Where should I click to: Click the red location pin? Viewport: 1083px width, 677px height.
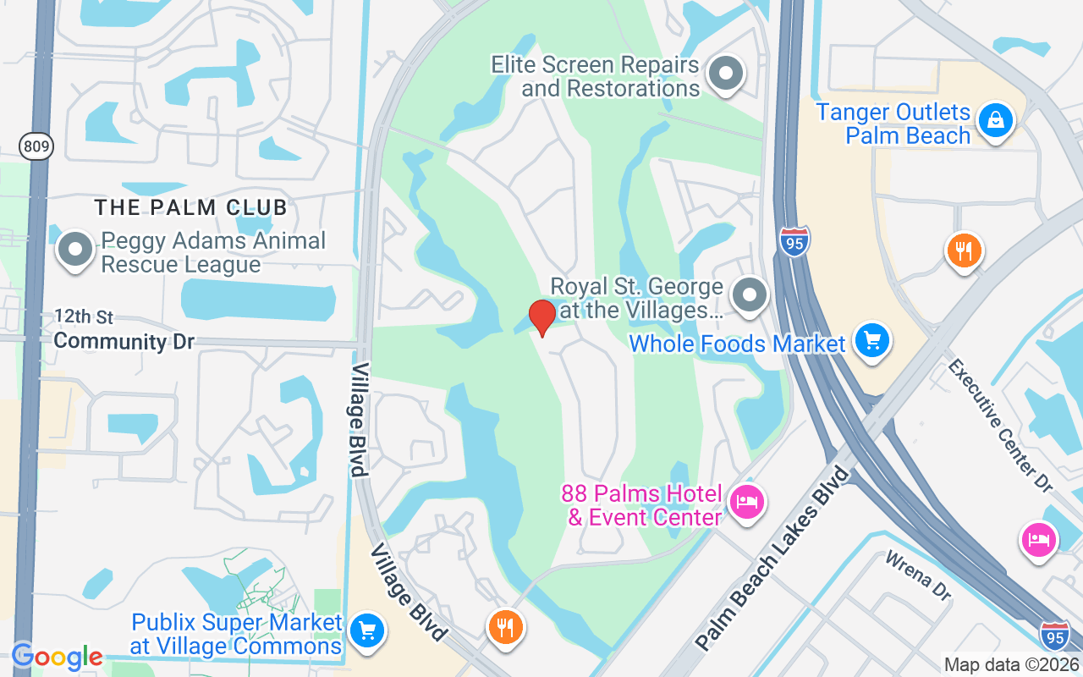coord(541,317)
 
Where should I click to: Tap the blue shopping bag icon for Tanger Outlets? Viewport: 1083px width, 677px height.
coord(996,120)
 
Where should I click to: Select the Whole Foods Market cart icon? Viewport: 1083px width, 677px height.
coord(871,341)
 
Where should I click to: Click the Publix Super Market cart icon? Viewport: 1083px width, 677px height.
coord(366,630)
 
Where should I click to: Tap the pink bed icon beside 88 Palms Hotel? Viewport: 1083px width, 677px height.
coord(746,503)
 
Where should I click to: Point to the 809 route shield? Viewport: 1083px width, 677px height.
coord(37,147)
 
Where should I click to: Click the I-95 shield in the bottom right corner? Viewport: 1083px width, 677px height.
coord(1054,636)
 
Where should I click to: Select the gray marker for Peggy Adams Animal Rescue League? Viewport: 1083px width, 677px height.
coord(75,250)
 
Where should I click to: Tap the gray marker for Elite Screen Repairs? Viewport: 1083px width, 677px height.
coord(724,74)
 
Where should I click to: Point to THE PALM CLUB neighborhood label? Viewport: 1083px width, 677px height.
coord(191,206)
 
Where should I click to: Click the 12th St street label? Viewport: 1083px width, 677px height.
coord(84,317)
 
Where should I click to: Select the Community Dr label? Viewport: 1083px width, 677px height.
coord(124,342)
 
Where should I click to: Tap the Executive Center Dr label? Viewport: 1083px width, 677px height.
coord(1000,426)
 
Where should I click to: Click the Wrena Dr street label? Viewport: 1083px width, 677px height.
coord(919,575)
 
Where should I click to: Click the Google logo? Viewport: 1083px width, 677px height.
coord(57,657)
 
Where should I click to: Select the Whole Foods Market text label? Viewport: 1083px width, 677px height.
coord(737,344)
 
